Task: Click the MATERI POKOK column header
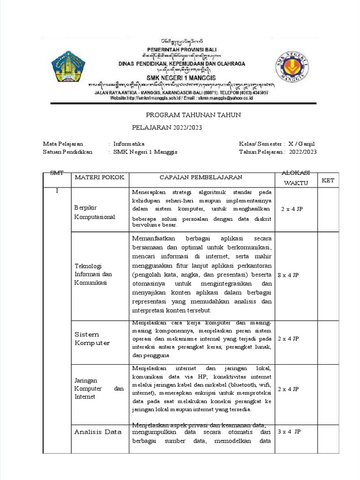point(99,177)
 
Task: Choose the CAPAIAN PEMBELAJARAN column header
point(201,177)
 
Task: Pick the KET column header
point(328,180)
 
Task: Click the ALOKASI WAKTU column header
point(295,178)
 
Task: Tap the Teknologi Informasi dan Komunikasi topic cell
point(93,274)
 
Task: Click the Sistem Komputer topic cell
point(92,338)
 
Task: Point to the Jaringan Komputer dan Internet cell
point(98,389)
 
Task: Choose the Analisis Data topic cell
point(97,432)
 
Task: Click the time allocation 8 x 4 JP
point(289,275)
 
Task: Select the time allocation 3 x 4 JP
point(289,431)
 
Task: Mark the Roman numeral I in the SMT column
point(57,191)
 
